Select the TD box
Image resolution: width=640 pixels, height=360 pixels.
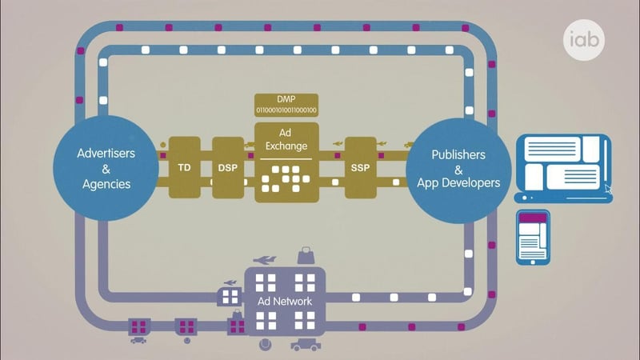pos(184,168)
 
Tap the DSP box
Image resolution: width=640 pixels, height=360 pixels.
pos(227,168)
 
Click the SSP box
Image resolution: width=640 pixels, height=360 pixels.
pos(360,168)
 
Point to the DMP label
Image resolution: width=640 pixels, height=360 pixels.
pos(286,99)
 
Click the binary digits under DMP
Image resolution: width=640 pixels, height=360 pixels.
pos(286,110)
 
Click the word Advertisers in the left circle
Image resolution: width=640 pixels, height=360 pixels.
pos(106,153)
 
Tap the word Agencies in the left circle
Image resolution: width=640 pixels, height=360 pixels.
pos(106,183)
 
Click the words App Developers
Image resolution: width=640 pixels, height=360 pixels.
pos(458,183)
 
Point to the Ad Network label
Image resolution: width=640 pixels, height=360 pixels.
pos(284,302)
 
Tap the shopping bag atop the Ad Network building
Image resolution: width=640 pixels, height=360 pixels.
pos(305,255)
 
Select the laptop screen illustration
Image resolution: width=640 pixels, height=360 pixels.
pos(562,164)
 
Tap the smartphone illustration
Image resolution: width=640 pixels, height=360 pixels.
pos(532,238)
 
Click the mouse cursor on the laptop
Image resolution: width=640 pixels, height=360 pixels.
pos(609,190)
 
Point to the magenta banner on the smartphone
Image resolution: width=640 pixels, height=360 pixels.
pos(532,218)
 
